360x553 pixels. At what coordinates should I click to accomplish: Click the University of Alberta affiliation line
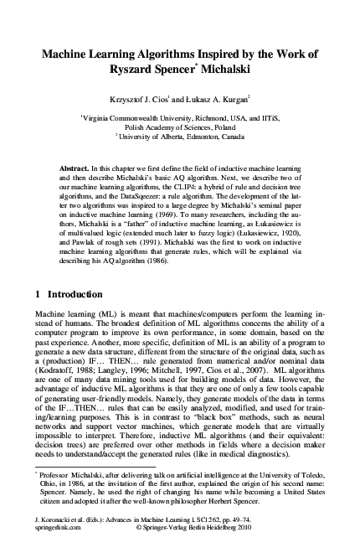181,137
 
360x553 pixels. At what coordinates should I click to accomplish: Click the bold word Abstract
74,168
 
